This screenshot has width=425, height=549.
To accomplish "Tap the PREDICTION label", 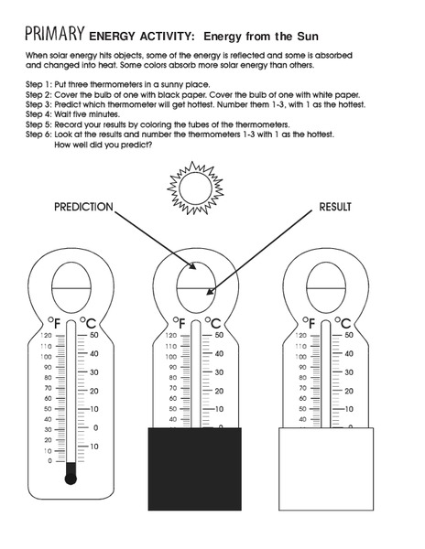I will [83, 207].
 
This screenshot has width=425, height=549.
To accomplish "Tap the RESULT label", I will [334, 207].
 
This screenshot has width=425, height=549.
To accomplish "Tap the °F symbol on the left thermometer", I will [54, 322].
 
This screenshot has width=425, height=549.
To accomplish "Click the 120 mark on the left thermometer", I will [47, 336].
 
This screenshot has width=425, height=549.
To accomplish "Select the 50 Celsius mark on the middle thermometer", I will [219, 336].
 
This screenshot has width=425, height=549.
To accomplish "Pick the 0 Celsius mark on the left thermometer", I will [95, 427].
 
